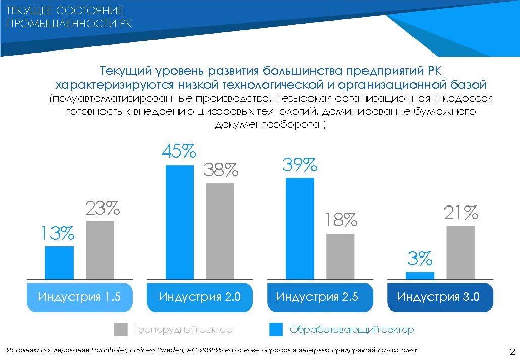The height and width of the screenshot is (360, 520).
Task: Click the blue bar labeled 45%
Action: (x=180, y=222)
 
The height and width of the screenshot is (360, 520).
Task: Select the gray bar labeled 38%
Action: (x=220, y=231)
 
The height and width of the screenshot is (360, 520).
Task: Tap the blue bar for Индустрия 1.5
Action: (x=60, y=262)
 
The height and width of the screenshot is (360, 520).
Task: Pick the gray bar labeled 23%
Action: (x=100, y=249)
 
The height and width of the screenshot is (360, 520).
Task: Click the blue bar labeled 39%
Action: (x=300, y=228)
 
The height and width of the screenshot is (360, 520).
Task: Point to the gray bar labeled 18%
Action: (x=340, y=256)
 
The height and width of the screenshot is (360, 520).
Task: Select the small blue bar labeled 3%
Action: (x=420, y=275)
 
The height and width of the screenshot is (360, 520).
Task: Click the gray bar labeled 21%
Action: (x=460, y=252)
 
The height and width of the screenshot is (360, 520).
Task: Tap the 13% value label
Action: (x=58, y=234)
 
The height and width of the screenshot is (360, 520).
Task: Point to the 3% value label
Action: (x=420, y=259)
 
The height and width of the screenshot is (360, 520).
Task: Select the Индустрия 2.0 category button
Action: (x=200, y=297)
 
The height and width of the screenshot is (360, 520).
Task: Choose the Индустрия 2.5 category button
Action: (x=317, y=297)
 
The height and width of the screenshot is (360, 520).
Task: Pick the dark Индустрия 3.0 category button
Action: (x=438, y=297)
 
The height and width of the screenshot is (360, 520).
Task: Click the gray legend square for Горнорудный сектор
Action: (x=121, y=330)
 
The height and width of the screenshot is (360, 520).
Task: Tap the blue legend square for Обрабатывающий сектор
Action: (x=276, y=330)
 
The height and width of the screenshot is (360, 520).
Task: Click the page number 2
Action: (x=512, y=351)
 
